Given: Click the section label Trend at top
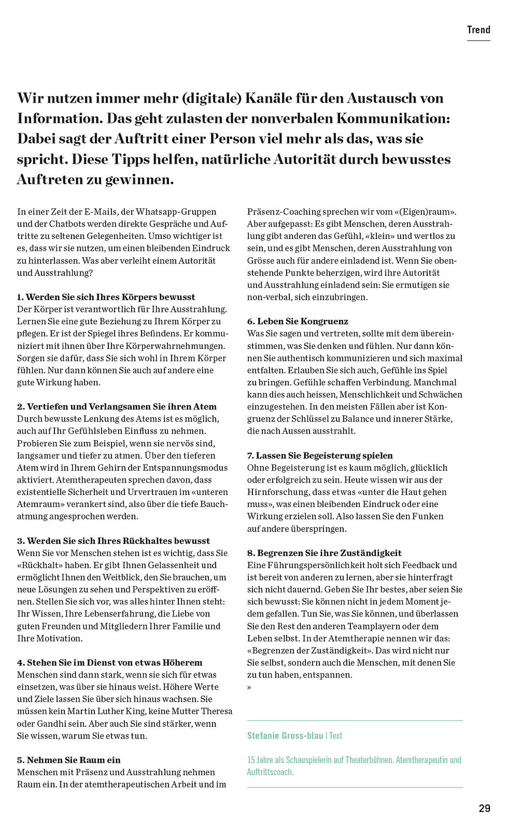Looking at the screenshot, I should [478, 30].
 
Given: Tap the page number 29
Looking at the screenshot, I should [484, 808].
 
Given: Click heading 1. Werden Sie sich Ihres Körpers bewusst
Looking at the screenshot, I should [106, 297].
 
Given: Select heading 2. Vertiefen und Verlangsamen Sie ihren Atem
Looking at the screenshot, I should [117, 406].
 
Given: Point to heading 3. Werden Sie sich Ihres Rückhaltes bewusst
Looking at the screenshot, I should [113, 541].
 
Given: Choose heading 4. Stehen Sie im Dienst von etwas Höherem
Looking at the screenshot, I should [109, 662].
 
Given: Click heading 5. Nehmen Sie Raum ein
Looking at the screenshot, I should [68, 760].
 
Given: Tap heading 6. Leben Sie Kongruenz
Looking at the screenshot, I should [298, 321].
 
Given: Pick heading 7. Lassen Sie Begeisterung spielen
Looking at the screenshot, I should [320, 456].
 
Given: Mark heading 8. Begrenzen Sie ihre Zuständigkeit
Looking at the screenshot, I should [324, 553].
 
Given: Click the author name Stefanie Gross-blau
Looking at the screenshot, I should [285, 736].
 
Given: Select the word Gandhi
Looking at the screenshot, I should [53, 724].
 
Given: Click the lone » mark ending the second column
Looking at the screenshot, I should [249, 687].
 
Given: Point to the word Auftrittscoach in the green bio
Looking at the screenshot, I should [270, 772].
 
